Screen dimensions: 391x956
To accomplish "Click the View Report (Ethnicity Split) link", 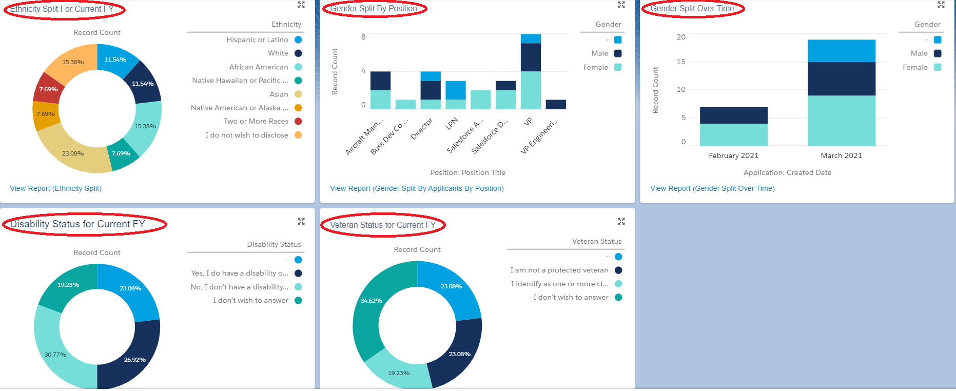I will [56, 188].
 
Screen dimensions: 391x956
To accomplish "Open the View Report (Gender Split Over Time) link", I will [712, 188].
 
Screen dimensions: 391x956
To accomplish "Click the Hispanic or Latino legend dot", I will [298, 40].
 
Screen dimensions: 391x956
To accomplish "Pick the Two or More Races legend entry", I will [256, 121].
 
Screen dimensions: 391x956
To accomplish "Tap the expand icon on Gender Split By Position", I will [621, 5].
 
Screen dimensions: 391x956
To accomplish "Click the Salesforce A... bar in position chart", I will [481, 100].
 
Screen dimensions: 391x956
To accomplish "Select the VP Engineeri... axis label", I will [539, 136].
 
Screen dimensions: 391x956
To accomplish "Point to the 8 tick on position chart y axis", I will [363, 37].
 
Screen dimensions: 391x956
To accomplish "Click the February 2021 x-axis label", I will [733, 155].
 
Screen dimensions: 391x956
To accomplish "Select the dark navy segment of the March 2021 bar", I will [841, 79].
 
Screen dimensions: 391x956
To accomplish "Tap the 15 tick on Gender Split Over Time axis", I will [681, 62].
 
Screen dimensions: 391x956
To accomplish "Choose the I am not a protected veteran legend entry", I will [559, 270].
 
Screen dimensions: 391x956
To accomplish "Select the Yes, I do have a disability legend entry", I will [240, 273].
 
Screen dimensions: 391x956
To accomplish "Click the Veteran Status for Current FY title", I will [382, 225].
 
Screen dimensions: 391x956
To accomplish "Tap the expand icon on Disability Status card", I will [301, 221].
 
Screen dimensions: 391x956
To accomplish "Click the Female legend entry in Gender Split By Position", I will [596, 67].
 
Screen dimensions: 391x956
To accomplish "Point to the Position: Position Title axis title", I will [467, 172].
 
